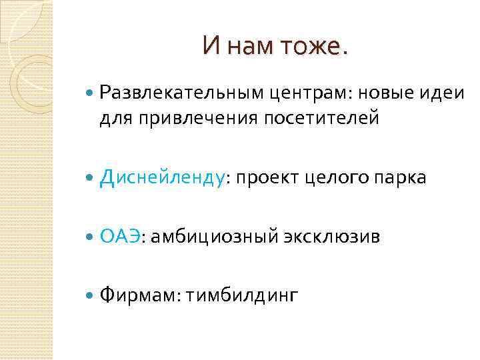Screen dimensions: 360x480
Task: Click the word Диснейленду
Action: click(x=162, y=178)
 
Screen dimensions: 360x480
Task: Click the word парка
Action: click(x=402, y=178)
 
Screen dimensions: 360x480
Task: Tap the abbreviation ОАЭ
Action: click(x=120, y=236)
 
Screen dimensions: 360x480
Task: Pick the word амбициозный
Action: click(x=211, y=237)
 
